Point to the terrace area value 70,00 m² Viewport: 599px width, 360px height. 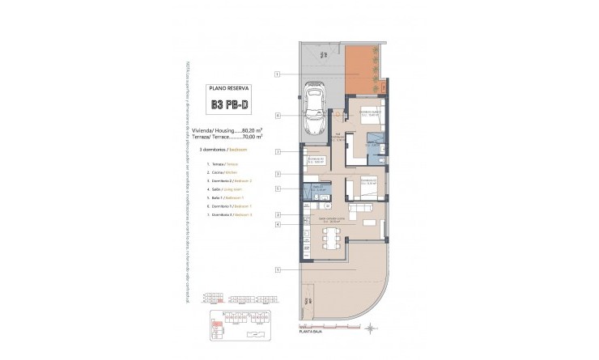257,137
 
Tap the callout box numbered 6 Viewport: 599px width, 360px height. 277,116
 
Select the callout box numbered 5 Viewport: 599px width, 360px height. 277,188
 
